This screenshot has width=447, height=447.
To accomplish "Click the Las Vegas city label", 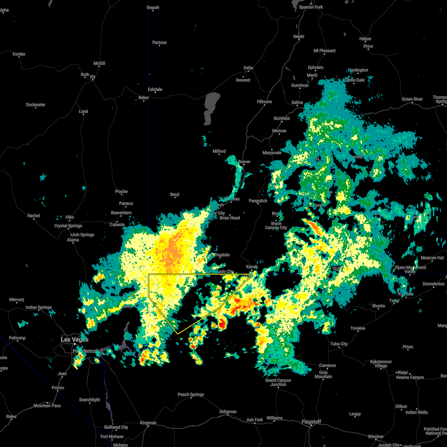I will coord(74,339).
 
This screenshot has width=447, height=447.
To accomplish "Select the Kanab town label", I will coord(252,267).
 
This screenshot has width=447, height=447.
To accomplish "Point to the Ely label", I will coord(93,77).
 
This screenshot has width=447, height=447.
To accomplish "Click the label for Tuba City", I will coord(339,344).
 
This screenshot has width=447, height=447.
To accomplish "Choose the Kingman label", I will coord(148,423).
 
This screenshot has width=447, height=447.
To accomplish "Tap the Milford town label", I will coord(219,151).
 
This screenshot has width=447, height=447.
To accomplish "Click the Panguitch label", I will coord(258,201).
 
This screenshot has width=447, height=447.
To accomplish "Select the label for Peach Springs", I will coord(191,394).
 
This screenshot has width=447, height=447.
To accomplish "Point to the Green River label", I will coord(412,99).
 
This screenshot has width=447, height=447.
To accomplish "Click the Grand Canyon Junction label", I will coord(278,382).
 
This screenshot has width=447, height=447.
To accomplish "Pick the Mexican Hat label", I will coord(432,258).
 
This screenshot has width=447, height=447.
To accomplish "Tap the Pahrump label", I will coord(17,338).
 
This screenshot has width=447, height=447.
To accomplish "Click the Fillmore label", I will coord(264,102).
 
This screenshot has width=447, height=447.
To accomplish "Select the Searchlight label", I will coord(89,400).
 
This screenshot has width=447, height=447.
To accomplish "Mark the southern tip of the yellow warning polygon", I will coord(178,333).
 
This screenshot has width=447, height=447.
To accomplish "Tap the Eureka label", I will coord(19,54).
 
